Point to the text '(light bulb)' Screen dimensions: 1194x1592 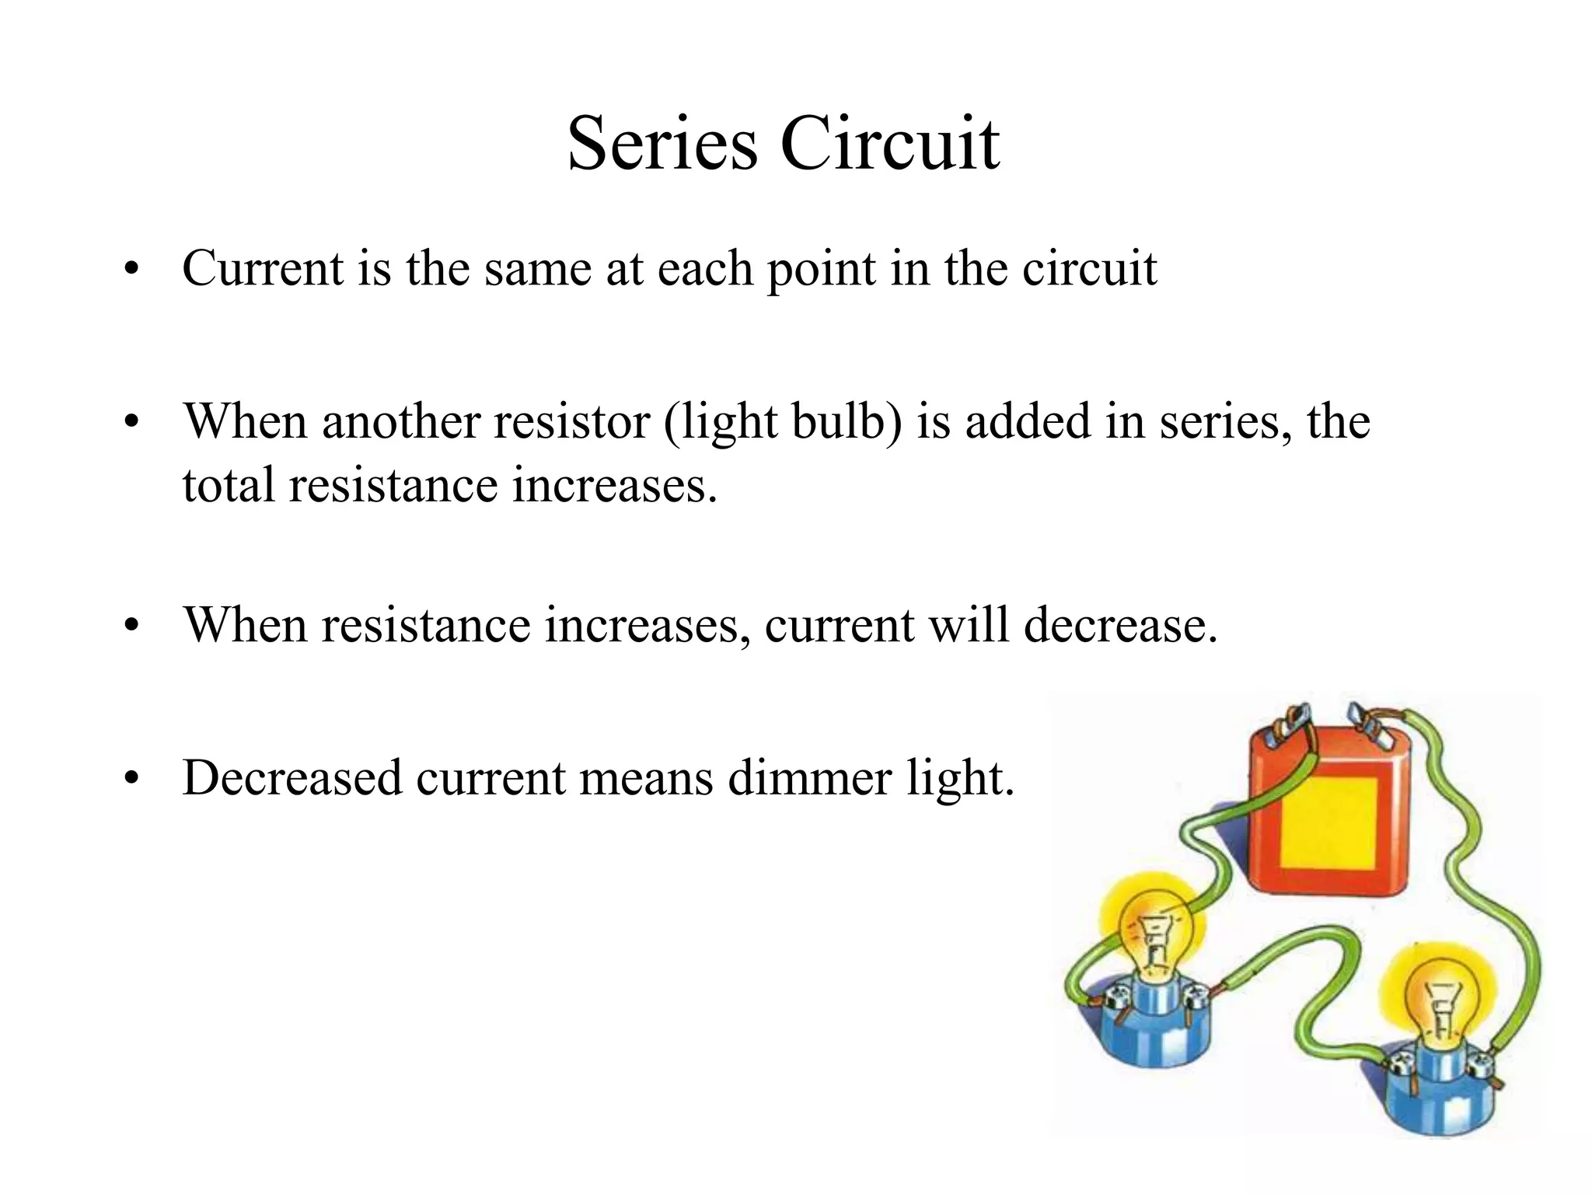(783, 422)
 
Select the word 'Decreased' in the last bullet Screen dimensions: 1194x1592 (292, 777)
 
